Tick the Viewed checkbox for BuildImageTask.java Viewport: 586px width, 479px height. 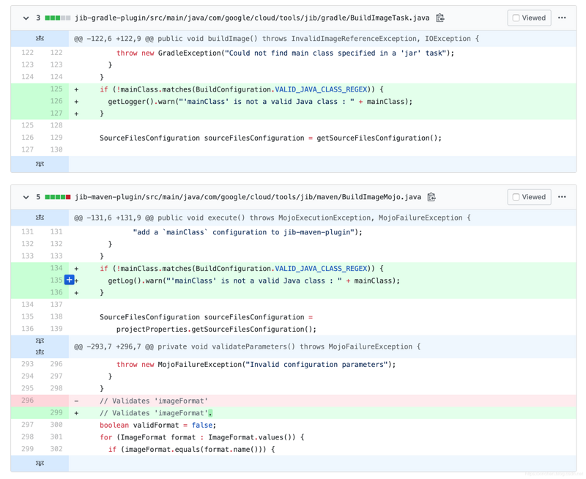(x=516, y=18)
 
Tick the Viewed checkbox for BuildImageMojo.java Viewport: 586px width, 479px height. (x=516, y=197)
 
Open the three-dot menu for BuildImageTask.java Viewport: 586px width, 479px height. (x=562, y=18)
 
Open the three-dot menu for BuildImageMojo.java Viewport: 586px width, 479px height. (x=562, y=196)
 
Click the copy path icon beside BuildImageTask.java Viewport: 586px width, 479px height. (x=440, y=18)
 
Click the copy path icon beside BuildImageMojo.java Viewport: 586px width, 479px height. (x=431, y=197)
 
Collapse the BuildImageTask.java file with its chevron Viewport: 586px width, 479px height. (x=26, y=18)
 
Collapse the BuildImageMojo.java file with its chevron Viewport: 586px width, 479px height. (x=26, y=197)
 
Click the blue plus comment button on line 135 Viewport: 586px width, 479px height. (x=69, y=280)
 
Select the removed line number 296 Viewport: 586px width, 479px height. (x=27, y=401)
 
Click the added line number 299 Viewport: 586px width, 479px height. (x=56, y=412)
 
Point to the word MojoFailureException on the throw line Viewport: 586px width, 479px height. (x=199, y=364)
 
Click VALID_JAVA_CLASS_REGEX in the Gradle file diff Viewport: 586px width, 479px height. (x=322, y=89)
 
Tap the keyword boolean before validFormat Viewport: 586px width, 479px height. (x=114, y=426)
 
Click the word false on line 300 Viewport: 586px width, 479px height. (x=202, y=426)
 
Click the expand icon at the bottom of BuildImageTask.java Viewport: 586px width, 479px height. (x=40, y=164)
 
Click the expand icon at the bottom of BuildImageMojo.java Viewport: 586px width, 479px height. (x=40, y=464)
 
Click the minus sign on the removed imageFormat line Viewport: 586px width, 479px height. (x=76, y=401)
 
